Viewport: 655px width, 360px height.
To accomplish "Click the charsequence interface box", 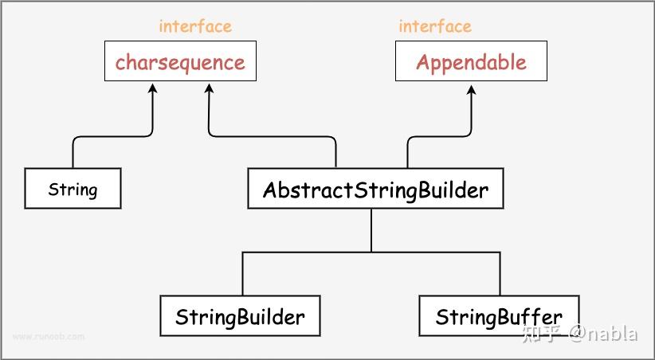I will (x=180, y=62).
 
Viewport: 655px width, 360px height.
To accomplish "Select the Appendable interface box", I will (x=471, y=62).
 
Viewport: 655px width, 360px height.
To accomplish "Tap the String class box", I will (x=73, y=189).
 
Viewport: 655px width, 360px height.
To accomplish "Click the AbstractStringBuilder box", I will (x=375, y=190).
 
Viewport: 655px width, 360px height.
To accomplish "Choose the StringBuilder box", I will (x=240, y=316).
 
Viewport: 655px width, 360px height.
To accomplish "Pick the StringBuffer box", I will (x=499, y=316).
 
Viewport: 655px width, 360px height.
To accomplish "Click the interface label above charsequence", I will (x=195, y=25).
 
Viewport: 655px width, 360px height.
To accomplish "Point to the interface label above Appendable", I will (x=435, y=25).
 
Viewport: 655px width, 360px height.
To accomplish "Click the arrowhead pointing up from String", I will (x=152, y=88).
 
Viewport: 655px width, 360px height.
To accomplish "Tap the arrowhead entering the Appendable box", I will (x=471, y=88).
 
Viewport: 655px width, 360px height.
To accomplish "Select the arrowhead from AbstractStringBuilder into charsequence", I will (x=209, y=88).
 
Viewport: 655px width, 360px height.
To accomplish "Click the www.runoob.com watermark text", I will (x=48, y=336).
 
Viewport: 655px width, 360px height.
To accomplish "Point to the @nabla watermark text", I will (x=603, y=334).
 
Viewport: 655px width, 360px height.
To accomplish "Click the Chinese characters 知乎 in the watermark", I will (x=541, y=334).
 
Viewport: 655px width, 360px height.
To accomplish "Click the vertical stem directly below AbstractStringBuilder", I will (x=371, y=229).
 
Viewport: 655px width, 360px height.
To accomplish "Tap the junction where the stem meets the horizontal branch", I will (x=371, y=252).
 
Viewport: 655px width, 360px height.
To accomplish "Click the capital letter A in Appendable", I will (x=424, y=62).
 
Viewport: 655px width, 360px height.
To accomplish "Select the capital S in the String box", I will (x=53, y=189).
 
